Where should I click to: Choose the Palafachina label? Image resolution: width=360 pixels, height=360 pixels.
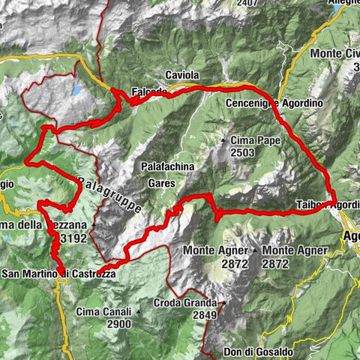click(168, 167)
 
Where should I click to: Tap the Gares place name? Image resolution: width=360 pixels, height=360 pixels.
click(162, 182)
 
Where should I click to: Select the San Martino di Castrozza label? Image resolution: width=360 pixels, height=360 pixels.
click(58, 274)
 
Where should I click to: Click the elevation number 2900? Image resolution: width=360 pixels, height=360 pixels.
click(118, 324)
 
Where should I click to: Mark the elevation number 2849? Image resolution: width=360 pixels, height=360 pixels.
click(202, 316)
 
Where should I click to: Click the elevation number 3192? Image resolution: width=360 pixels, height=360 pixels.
click(74, 238)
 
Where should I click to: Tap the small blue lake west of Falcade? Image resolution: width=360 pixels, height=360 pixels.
click(76, 91)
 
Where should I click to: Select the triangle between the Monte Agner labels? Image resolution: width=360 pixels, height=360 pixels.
click(255, 250)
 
